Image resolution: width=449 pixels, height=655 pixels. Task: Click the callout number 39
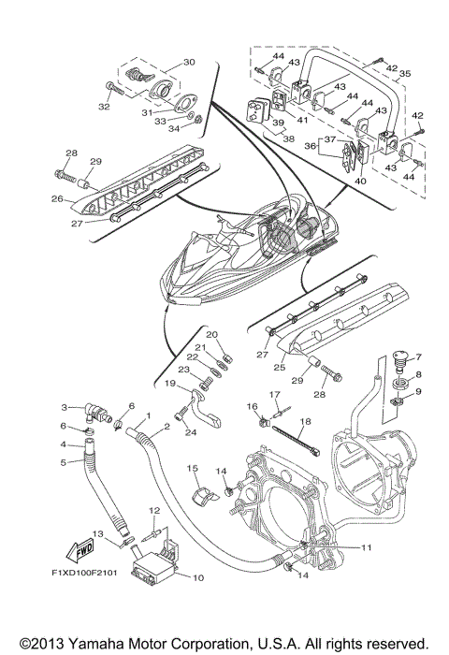pyautogui.click(x=278, y=123)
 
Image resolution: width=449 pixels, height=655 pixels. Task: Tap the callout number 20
pyautogui.click(x=211, y=335)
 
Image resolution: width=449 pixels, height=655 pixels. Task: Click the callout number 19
pyautogui.click(x=170, y=384)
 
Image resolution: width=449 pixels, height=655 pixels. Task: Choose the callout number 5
pyautogui.click(x=65, y=461)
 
